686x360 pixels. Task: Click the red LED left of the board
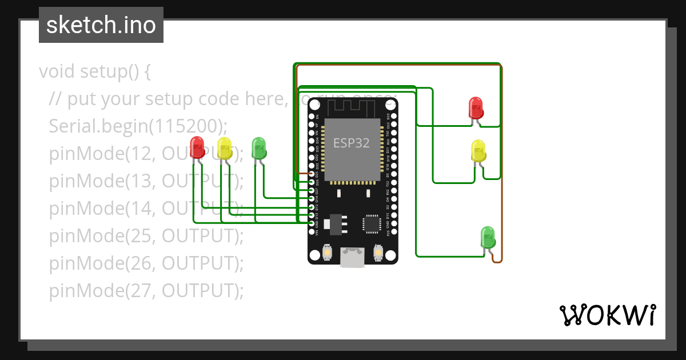[x=197, y=147]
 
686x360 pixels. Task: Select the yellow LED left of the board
[x=225, y=148]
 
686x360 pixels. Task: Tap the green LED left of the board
[x=259, y=148]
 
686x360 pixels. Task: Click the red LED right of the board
[x=476, y=107]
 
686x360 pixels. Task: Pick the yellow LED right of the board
[x=478, y=150]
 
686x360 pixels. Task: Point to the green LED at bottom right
[x=488, y=237]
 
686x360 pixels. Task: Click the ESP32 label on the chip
[x=352, y=143]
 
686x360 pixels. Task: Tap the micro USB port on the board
[x=353, y=258]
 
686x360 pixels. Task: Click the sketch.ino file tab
[x=101, y=25]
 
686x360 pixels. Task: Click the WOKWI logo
[x=607, y=315]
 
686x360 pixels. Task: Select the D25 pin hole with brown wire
[x=312, y=173]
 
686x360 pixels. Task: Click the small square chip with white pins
[x=372, y=223]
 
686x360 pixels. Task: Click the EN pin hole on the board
[x=312, y=117]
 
